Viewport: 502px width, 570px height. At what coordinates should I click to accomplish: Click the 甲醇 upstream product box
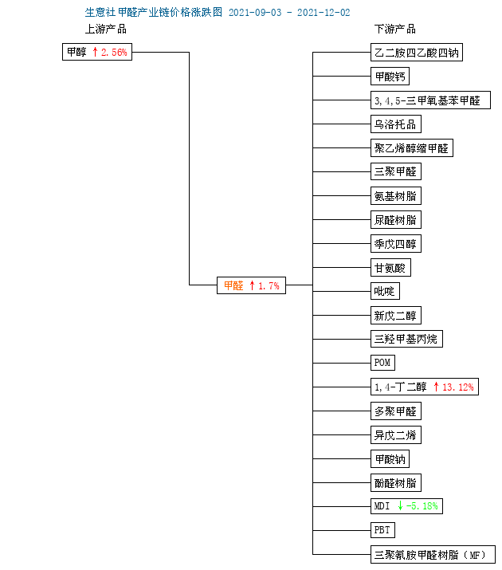[97, 52]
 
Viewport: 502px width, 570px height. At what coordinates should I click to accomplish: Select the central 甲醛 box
[251, 285]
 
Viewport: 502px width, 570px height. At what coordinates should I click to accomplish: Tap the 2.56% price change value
[114, 53]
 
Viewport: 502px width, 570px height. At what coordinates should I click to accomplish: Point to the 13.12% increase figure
[457, 387]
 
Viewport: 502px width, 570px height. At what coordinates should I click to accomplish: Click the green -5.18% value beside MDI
[422, 506]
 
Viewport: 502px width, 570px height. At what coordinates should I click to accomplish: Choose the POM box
[382, 363]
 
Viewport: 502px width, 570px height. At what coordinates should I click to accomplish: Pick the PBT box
[382, 530]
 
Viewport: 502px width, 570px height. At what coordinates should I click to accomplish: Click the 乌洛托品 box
[395, 124]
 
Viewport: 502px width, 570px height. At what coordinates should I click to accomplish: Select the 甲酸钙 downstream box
[390, 77]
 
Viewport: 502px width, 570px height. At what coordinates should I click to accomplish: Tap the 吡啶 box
[385, 291]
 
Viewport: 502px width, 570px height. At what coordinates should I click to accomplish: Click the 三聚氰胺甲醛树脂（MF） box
[433, 555]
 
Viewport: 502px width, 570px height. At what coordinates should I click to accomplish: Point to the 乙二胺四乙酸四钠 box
[416, 53]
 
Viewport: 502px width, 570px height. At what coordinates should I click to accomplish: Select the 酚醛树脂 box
[395, 483]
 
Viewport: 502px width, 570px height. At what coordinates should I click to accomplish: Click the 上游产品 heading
[106, 29]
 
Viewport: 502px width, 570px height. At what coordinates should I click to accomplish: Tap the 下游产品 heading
[395, 29]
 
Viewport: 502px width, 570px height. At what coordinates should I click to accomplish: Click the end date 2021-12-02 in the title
[324, 13]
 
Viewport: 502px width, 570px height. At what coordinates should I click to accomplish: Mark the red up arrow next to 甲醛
[252, 285]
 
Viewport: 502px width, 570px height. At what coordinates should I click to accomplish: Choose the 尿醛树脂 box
[395, 219]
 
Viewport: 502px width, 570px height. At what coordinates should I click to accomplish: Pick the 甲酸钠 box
[390, 458]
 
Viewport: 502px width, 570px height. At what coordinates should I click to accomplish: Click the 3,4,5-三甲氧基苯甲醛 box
[430, 100]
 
